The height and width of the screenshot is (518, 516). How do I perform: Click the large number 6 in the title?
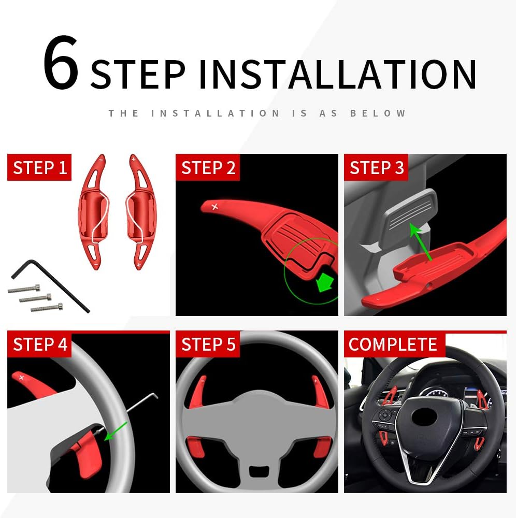[x=61, y=65]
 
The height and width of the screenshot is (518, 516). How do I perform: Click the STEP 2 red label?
[x=208, y=168]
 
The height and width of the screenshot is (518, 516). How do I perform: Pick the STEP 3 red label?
[x=377, y=168]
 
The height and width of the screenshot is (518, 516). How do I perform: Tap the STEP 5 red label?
[x=208, y=344]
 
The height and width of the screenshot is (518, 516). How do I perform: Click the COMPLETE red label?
[x=393, y=344]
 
